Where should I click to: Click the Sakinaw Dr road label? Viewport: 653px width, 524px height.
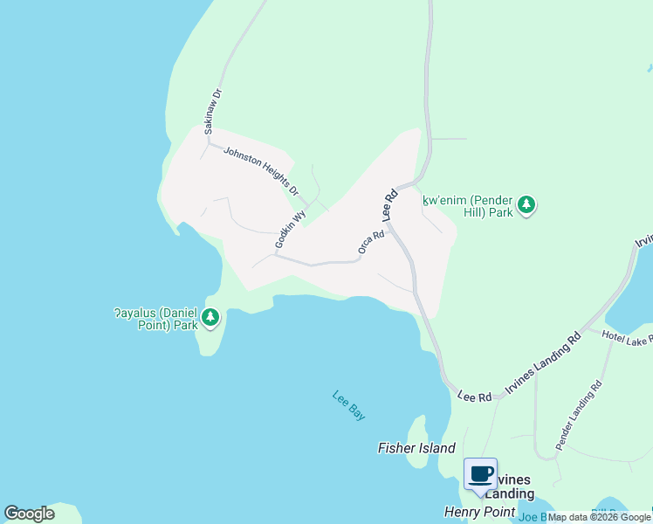point(213,110)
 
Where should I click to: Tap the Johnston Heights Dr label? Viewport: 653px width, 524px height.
point(260,170)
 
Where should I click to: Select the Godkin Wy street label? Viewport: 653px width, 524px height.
point(291,229)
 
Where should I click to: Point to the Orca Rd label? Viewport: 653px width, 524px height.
point(371,243)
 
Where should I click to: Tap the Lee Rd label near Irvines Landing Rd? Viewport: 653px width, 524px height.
point(474,396)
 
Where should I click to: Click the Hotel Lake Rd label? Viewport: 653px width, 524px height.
point(627,339)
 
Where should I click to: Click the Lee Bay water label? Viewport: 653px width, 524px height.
point(348,406)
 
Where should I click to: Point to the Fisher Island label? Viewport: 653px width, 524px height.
point(416,448)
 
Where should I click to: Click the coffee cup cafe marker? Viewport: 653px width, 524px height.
point(480,474)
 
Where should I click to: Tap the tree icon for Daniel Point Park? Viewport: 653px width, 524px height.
point(210,318)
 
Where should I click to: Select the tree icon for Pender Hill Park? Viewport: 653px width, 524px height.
point(526,205)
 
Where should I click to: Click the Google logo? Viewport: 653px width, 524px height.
point(30,514)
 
